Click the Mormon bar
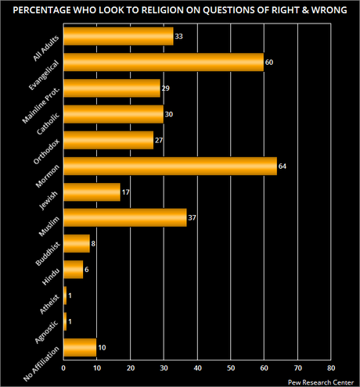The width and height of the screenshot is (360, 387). click(x=170, y=167)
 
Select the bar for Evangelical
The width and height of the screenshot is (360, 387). click(x=163, y=63)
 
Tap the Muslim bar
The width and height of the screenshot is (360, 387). click(x=124, y=218)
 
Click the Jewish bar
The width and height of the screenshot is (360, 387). click(x=92, y=192)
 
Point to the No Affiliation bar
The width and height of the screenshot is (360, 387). click(x=80, y=347)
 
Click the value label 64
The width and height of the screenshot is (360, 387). click(x=283, y=167)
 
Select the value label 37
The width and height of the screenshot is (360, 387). click(x=192, y=219)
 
